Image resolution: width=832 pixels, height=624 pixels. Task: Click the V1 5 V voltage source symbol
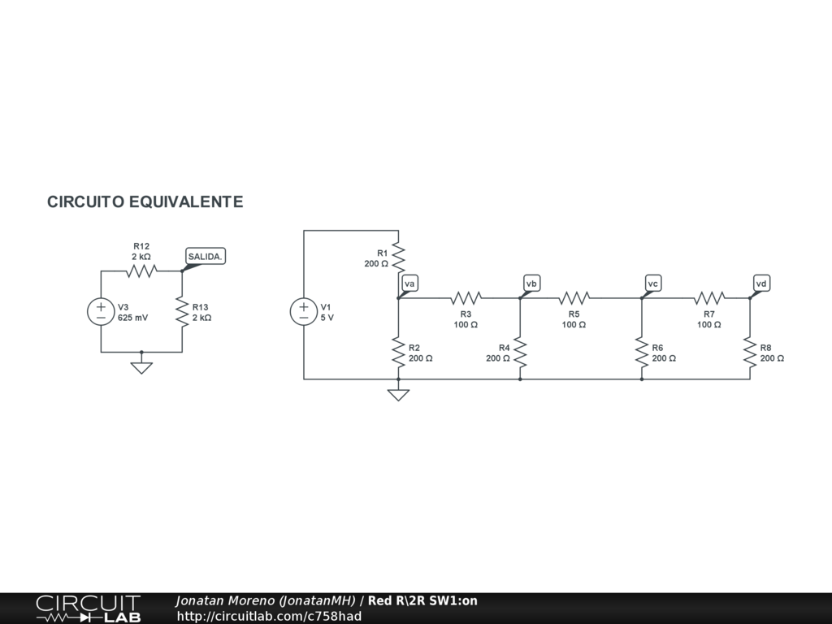point(304,312)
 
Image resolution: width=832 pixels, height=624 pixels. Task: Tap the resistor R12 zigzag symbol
point(141,271)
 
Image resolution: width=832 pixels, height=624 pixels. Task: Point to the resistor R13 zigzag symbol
point(181,312)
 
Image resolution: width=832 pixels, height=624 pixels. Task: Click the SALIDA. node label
point(205,257)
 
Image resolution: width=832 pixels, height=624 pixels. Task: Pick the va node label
point(410,284)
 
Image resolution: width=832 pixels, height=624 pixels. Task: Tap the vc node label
point(653,284)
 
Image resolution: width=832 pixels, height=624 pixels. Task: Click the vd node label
point(761,284)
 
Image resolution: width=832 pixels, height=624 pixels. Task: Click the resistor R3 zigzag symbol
point(466,298)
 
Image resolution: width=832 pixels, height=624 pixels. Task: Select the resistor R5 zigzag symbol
point(574,298)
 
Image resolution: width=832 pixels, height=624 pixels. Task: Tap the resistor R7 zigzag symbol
point(708,298)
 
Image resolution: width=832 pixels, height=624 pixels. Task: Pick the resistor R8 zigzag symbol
point(749,353)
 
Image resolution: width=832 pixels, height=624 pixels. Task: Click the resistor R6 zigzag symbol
point(641,353)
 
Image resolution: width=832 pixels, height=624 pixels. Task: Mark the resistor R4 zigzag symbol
point(520,353)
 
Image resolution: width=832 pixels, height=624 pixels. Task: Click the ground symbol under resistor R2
point(398,395)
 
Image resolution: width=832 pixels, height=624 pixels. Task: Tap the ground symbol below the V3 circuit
point(141,367)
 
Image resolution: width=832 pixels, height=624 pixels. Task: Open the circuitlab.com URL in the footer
point(269,616)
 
